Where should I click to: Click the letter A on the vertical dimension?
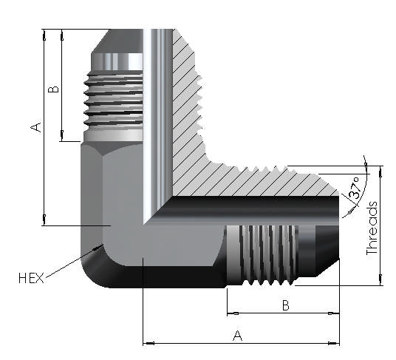pyautogui.click(x=35, y=127)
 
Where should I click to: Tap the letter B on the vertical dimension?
pyautogui.click(x=52, y=89)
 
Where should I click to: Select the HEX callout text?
pyautogui.click(x=32, y=278)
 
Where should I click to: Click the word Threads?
pyautogui.click(x=372, y=228)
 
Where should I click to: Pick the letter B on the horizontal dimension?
pyautogui.click(x=283, y=305)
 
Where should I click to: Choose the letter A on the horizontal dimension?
pyautogui.click(x=238, y=336)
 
